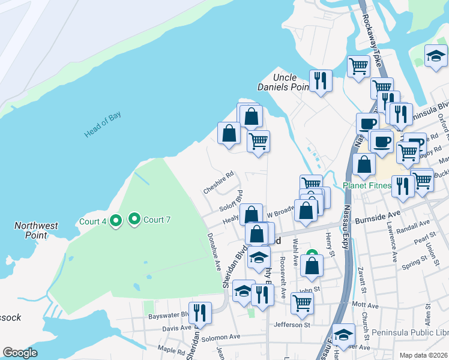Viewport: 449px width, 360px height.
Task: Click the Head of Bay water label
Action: coord(103,125)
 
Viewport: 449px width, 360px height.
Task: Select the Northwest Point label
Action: coord(37,230)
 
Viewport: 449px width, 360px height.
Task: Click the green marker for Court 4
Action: coord(116,221)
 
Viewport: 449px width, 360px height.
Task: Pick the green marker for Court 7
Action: coord(134,220)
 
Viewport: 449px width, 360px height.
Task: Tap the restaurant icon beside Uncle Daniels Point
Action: coord(321,80)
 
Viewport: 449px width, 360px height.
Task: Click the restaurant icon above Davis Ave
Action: coord(200,313)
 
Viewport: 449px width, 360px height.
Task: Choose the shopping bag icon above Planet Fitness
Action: coord(364,163)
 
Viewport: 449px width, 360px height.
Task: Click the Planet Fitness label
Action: coord(366,185)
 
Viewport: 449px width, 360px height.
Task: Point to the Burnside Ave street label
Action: coord(377,214)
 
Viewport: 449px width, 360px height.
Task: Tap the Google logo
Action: coord(20,353)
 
